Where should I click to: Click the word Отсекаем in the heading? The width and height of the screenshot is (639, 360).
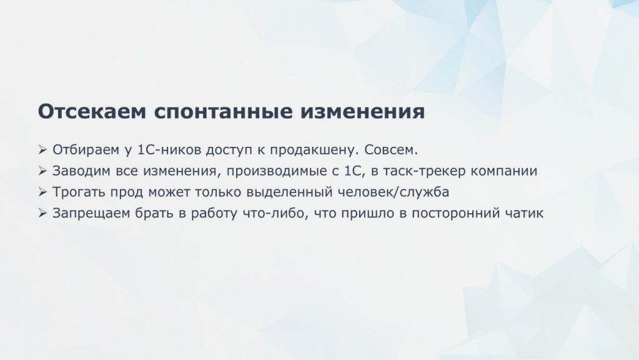[92, 111]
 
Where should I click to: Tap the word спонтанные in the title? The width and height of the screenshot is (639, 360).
[224, 111]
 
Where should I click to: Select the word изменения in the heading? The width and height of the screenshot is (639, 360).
[363, 111]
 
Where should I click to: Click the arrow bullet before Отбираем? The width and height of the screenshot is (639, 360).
[43, 149]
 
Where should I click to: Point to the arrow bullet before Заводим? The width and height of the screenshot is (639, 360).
[43, 171]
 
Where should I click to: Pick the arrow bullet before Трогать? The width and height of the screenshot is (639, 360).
[43, 192]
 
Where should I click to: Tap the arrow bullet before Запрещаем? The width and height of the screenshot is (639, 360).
[43, 213]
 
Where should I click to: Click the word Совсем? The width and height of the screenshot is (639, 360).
[391, 150]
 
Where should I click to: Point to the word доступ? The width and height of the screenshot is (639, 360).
[229, 151]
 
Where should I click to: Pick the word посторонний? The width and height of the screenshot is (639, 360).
[455, 214]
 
